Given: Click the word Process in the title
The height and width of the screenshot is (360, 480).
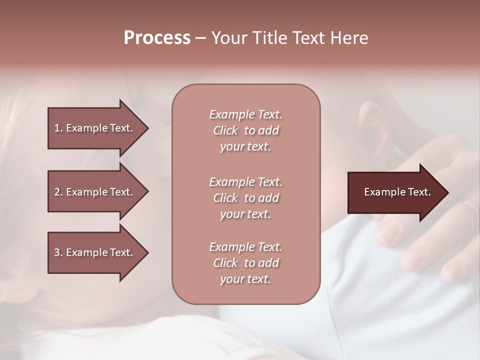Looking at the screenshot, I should (x=157, y=38).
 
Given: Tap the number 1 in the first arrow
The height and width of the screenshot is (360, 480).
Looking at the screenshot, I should (x=56, y=128).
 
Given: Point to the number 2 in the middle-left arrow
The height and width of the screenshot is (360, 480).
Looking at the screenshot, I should (x=56, y=192).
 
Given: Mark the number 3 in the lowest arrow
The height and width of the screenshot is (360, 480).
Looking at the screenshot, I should (x=56, y=252).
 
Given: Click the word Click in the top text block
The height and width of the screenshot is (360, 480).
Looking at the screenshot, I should (x=225, y=130).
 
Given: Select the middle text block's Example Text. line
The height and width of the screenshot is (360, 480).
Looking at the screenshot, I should (x=245, y=181).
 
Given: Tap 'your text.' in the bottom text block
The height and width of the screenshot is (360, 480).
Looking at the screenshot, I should (x=245, y=279).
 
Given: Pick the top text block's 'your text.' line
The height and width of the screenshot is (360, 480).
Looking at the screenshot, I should (x=245, y=147).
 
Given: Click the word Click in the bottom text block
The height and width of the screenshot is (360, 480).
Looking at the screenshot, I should (x=225, y=263).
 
